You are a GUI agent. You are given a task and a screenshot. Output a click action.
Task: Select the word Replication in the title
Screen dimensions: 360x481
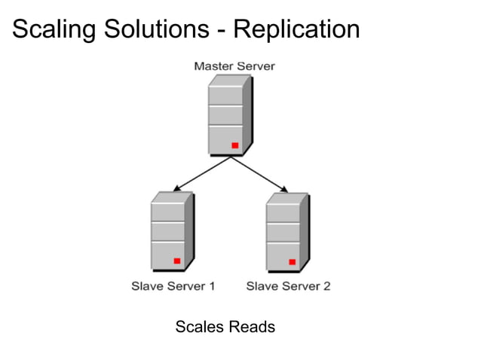click(297, 29)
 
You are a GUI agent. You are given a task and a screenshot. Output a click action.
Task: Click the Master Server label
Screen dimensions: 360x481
click(234, 66)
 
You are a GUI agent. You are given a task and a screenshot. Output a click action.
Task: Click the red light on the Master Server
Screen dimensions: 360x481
click(234, 145)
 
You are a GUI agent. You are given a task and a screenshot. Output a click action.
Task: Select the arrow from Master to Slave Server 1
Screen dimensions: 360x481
click(202, 173)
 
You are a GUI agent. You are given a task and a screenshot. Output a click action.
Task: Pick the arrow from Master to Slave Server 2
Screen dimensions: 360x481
click(260, 174)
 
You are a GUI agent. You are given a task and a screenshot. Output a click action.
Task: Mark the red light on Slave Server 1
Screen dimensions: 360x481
click(177, 261)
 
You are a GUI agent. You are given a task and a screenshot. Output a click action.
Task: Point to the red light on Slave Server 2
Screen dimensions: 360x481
click(293, 261)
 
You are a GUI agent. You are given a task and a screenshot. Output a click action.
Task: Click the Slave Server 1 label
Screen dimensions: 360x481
click(173, 286)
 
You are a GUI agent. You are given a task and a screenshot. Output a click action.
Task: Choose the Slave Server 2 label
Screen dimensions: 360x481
click(289, 286)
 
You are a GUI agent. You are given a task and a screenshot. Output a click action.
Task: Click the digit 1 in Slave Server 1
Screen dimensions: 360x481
click(212, 286)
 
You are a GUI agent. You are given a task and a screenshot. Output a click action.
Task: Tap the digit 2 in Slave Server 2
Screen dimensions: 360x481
click(327, 286)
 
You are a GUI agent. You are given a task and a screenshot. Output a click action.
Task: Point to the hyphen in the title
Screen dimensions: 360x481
click(223, 31)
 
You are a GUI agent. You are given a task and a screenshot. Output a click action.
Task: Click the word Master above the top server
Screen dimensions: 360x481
click(213, 66)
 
